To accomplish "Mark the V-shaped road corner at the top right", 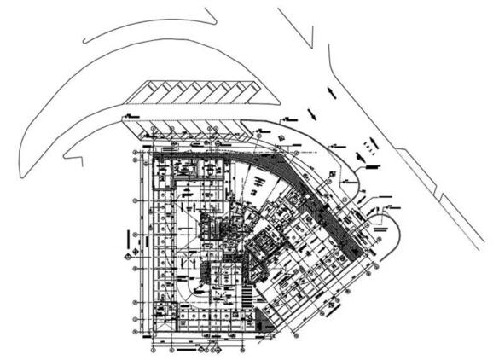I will (328, 64).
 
